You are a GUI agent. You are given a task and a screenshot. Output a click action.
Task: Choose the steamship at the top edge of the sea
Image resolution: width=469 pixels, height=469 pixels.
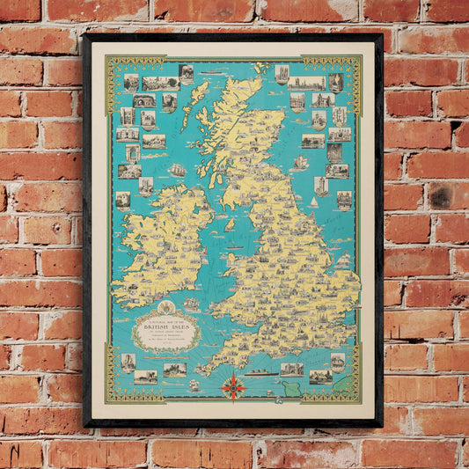tap(213, 72)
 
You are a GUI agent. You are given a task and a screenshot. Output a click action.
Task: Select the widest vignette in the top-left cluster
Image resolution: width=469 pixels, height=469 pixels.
tap(160, 84)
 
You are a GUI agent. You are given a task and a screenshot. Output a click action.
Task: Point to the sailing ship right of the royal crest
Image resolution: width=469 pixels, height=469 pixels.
tap(191, 304)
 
